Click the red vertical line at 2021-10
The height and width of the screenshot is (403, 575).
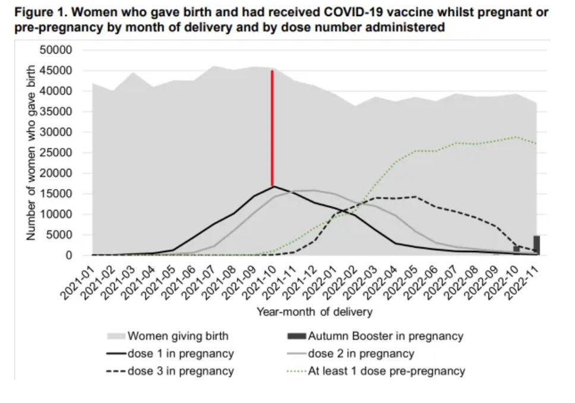pyautogui.click(x=273, y=128)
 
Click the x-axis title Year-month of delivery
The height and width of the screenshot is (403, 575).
pyautogui.click(x=314, y=311)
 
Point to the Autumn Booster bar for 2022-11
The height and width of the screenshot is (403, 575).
pyautogui.click(x=536, y=245)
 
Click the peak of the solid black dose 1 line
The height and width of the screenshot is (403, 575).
pyautogui.click(x=273, y=187)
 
